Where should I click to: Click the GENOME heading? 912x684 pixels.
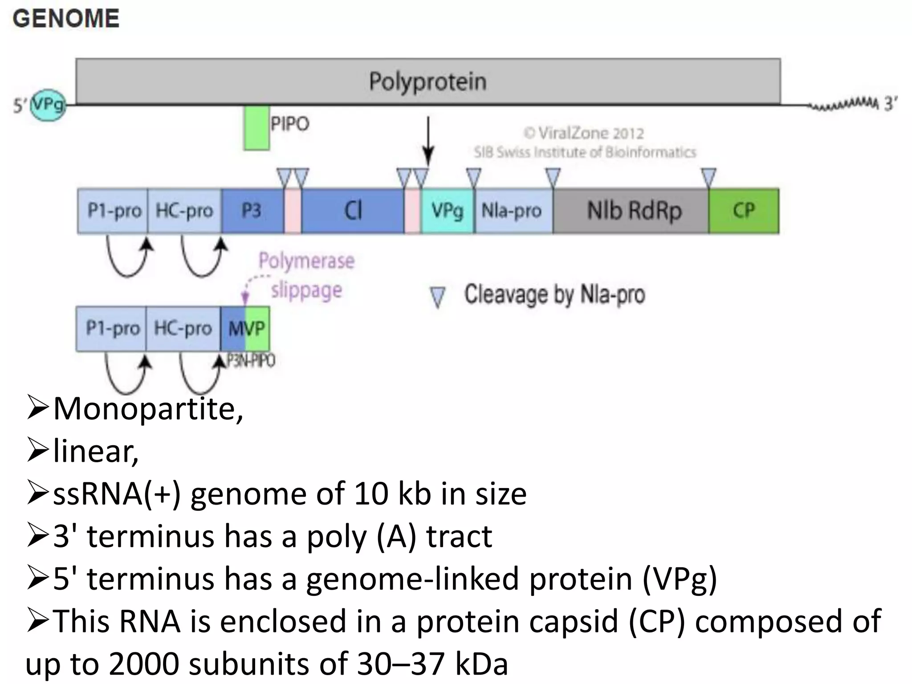pos(66,19)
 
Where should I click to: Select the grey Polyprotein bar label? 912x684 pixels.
pos(427,81)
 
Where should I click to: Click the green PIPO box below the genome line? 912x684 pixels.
pos(256,128)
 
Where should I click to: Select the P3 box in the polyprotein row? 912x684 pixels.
pos(252,211)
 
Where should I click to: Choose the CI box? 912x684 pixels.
pos(353,211)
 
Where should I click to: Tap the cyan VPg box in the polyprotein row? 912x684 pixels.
pos(447,211)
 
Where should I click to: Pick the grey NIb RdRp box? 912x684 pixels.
pos(634,211)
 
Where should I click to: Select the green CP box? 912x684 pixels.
pos(744,211)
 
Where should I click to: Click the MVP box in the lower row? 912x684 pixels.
pos(246,329)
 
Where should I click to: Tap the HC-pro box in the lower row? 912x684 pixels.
pos(183,329)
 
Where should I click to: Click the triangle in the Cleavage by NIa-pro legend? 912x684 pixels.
pos(438,297)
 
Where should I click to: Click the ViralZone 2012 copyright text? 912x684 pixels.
pos(583,133)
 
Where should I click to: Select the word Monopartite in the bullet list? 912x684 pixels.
pos(147,409)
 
